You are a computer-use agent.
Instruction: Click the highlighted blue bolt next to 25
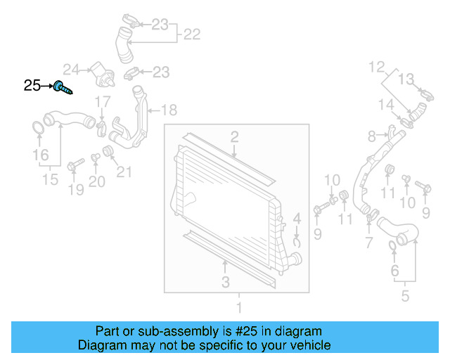coord(63,88)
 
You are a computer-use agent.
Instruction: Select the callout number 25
coord(32,86)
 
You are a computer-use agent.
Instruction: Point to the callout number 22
coord(192,33)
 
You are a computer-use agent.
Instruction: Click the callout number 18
coord(169,110)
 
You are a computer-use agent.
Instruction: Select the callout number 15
coord(49,180)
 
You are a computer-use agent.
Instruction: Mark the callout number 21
coord(124,171)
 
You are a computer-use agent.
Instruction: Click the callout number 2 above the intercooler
coord(234,136)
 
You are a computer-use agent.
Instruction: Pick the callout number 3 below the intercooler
coord(225,283)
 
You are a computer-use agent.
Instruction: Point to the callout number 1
coord(238,307)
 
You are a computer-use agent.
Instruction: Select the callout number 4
coord(297,219)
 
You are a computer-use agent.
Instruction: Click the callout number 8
coord(372,135)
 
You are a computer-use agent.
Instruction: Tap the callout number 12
coord(378,67)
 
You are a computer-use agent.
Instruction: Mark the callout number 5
coord(405,296)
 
